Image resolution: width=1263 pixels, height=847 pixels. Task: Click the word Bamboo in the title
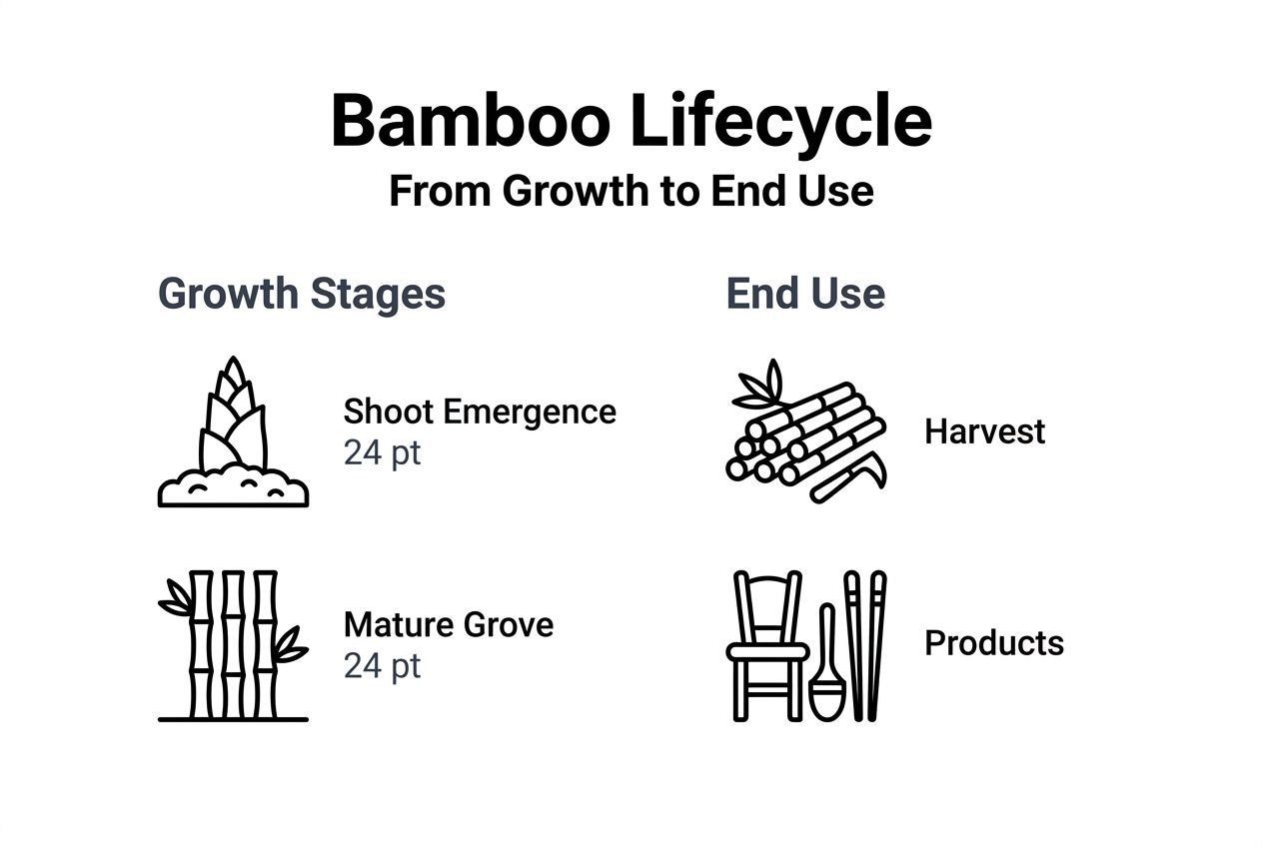point(471,121)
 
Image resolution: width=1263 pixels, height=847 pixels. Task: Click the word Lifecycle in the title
point(780,121)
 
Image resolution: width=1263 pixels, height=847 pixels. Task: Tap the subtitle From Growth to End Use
point(631,191)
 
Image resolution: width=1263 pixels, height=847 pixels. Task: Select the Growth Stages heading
point(302,294)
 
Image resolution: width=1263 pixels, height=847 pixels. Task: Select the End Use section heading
point(805,294)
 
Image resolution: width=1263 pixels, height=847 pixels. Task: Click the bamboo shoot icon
point(233,420)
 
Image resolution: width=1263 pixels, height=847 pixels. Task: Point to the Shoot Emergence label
point(480,412)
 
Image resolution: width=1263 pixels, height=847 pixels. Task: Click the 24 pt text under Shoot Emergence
point(382,452)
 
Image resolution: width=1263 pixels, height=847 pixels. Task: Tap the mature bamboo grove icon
point(233,645)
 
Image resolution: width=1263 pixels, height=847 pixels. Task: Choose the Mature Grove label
point(448,624)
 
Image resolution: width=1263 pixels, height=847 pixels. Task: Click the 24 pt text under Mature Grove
point(382,665)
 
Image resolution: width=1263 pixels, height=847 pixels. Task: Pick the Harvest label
point(984,431)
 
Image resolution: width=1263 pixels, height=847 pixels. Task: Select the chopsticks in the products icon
point(864,645)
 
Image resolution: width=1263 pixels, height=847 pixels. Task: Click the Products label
point(994,642)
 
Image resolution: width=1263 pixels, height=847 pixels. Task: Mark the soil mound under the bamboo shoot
point(233,489)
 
